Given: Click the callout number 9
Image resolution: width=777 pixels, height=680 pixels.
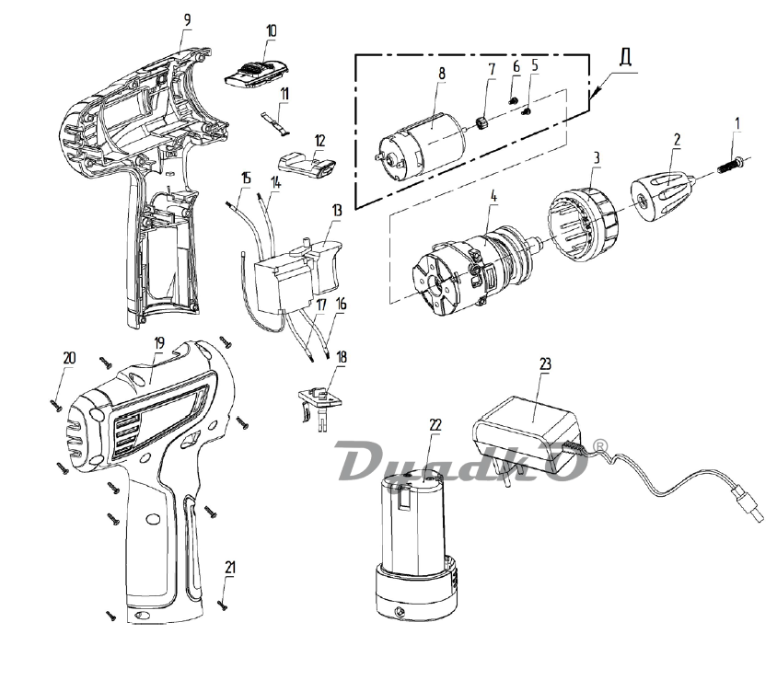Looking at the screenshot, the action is (x=187, y=20).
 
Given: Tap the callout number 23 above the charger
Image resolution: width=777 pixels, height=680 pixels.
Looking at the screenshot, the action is (x=545, y=364).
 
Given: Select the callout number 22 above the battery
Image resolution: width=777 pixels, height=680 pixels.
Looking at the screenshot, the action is (x=435, y=424).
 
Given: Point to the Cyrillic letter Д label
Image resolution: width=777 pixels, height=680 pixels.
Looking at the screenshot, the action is (x=625, y=57).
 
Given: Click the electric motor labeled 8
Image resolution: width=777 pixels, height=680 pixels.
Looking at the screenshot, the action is (x=423, y=146).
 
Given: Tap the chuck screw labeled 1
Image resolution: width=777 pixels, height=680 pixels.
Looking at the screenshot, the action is (x=729, y=166).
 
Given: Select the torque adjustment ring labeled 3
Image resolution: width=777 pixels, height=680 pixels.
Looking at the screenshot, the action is (x=584, y=223).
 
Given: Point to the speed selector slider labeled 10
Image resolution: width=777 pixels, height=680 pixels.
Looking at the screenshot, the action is (x=257, y=75).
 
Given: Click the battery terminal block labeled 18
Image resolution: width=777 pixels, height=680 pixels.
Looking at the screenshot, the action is (x=319, y=406).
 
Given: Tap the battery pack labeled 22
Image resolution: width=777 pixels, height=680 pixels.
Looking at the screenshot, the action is (x=416, y=545).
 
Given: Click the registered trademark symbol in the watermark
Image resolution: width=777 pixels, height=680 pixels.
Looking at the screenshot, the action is (x=600, y=445).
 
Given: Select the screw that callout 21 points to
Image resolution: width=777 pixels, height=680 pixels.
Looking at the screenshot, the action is (x=223, y=604).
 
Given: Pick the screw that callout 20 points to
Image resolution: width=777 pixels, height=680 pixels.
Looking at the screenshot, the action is (x=55, y=406).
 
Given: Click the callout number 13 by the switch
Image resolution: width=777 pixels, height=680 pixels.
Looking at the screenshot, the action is (x=337, y=211).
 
